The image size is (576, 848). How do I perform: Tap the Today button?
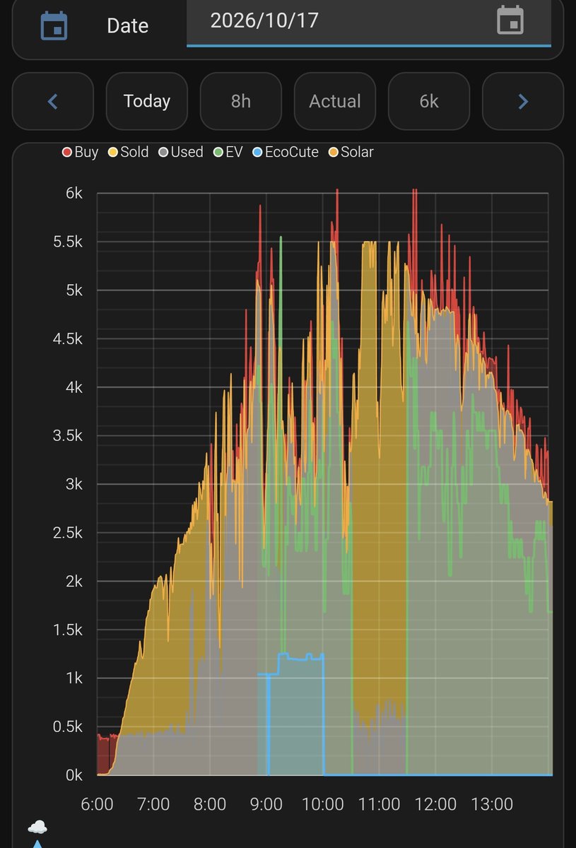tap(147, 101)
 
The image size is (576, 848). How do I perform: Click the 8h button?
tap(241, 101)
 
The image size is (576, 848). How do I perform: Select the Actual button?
tap(335, 101)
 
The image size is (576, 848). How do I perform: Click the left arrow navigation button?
tap(53, 101)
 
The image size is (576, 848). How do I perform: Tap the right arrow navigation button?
tap(523, 101)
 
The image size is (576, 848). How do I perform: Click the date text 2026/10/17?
tap(264, 20)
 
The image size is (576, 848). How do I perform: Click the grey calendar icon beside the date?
tap(510, 20)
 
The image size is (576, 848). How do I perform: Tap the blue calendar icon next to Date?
tap(54, 25)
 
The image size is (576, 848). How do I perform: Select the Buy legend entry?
tap(81, 152)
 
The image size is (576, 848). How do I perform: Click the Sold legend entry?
tap(129, 152)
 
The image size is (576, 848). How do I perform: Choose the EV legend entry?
tap(228, 152)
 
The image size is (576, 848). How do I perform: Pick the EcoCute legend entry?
tap(286, 152)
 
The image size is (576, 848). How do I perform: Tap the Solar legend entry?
tap(351, 152)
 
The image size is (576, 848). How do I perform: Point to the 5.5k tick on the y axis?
tap(67, 242)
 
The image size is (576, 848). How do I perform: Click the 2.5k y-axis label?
tap(67, 533)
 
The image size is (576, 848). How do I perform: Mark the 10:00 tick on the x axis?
tap(323, 804)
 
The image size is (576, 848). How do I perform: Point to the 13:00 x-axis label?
tap(492, 804)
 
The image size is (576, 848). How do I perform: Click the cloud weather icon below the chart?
tap(37, 828)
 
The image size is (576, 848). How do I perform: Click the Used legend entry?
tap(181, 152)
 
